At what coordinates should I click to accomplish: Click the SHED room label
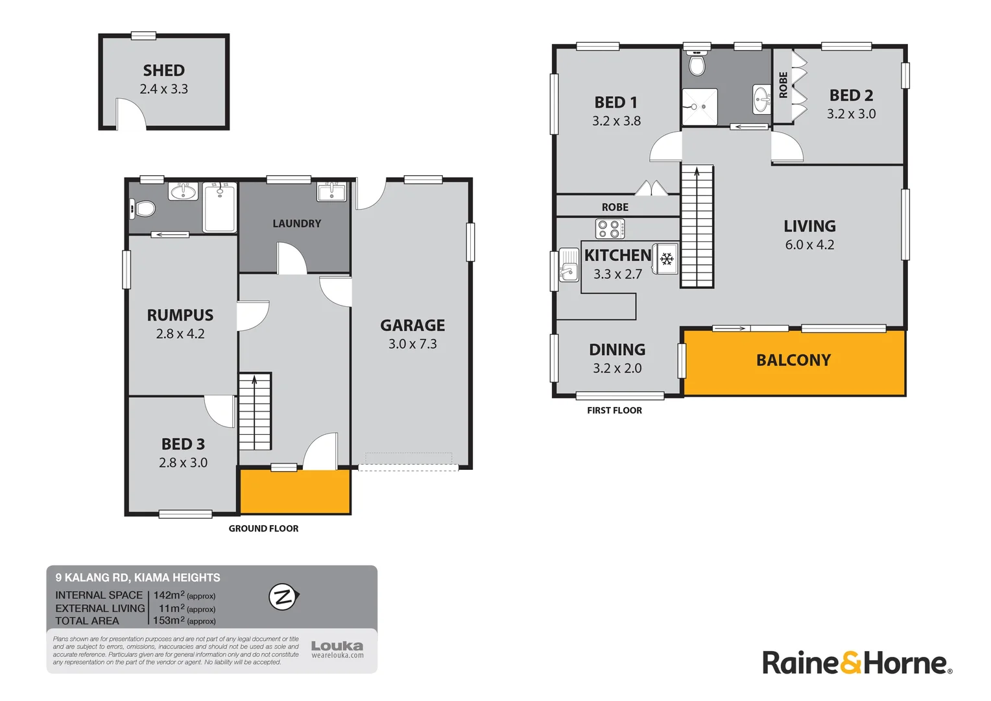point(163,70)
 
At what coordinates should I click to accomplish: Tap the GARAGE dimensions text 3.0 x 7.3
point(412,344)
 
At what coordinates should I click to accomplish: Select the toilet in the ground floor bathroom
point(143,208)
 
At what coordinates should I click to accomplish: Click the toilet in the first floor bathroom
point(697,64)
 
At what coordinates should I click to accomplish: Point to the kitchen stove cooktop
point(610,229)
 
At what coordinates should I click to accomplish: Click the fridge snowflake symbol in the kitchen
point(667,259)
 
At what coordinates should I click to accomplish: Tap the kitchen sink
point(569,265)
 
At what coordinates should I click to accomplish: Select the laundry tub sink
point(331,192)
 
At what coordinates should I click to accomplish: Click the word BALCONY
point(793,360)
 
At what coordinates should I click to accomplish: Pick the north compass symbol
point(283,597)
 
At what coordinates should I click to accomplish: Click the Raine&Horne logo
point(857,663)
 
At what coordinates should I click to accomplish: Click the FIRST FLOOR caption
point(614,410)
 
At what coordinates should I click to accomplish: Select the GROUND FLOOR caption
point(263,528)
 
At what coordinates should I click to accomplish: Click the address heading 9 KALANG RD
point(137,578)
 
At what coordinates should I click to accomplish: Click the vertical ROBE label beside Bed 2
point(783,85)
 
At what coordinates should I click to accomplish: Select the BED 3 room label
point(183,444)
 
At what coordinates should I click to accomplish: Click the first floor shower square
point(699,106)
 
